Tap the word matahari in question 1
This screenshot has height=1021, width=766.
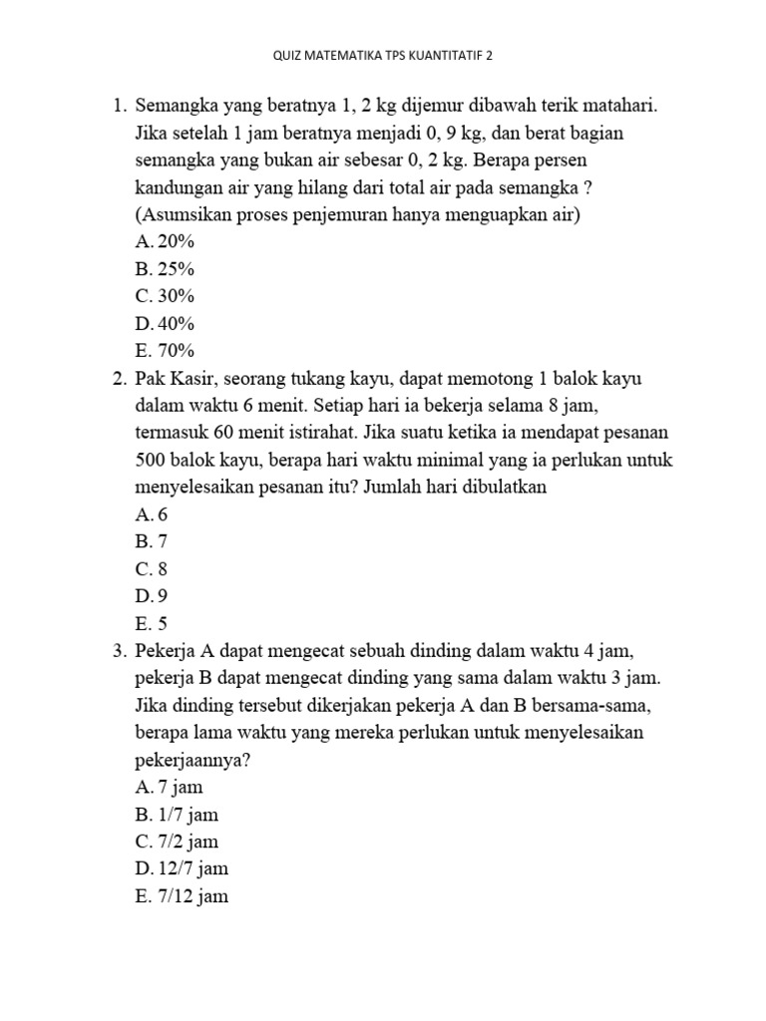point(617,106)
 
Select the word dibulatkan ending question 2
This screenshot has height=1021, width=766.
point(507,487)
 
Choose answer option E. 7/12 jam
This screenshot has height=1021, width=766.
point(182,895)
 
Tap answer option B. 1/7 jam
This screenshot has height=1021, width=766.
point(177,814)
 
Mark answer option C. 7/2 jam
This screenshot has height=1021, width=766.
point(177,841)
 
